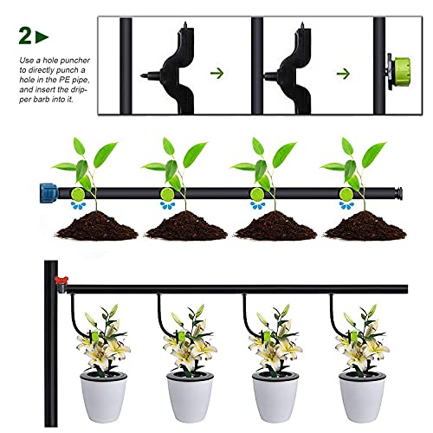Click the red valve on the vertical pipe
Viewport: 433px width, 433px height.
61,280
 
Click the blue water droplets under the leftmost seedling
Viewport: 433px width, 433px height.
80,206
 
